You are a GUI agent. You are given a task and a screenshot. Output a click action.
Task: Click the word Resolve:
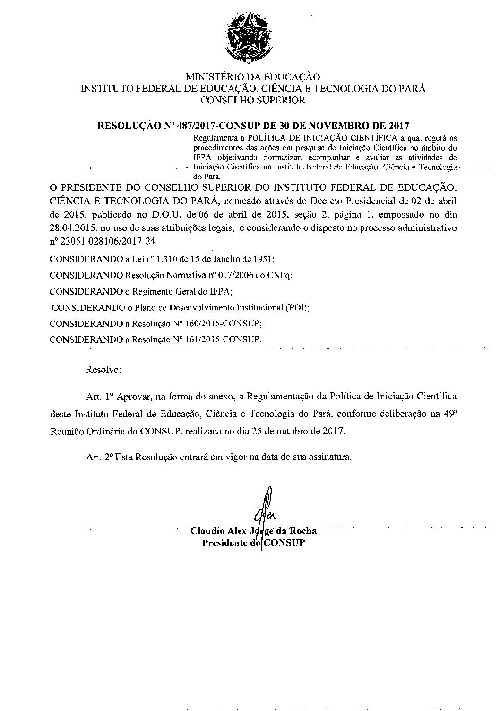(x=103, y=370)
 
